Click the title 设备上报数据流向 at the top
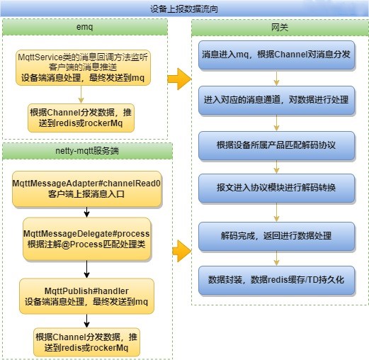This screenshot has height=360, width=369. [x=184, y=9]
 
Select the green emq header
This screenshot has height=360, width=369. [x=85, y=27]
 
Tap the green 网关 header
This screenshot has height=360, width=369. [x=280, y=28]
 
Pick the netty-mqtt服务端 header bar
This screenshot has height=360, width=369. [x=87, y=151]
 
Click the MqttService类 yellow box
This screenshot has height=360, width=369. [x=83, y=67]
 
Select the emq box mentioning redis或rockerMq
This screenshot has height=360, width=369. [x=81, y=118]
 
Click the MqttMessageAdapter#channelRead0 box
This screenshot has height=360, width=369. [x=86, y=189]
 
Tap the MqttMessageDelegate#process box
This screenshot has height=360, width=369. [x=86, y=239]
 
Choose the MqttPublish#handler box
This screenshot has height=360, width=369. [x=86, y=296]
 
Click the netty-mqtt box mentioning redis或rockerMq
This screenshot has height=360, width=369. [x=86, y=342]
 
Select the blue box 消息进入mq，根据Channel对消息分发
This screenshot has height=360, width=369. [x=276, y=55]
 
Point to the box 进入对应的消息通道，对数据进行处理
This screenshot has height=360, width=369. [x=276, y=101]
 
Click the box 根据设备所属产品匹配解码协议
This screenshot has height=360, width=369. [x=276, y=145]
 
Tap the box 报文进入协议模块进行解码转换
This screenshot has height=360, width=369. [x=276, y=189]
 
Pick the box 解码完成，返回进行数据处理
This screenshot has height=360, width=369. [x=276, y=237]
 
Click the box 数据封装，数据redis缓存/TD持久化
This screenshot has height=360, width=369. [x=276, y=281]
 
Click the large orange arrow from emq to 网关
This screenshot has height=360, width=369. [x=179, y=79]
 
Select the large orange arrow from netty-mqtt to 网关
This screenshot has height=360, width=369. [x=181, y=251]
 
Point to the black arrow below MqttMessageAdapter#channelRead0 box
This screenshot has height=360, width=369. [x=86, y=212]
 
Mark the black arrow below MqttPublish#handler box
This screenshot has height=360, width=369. [x=86, y=321]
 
